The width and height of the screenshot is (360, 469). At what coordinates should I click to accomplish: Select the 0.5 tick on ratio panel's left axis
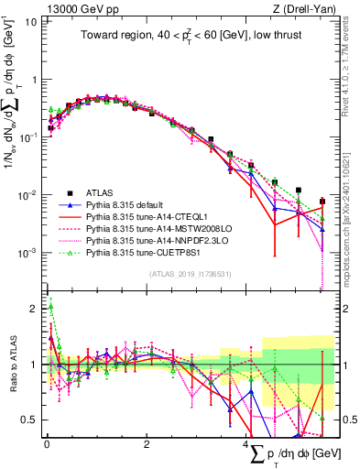pyautogui.click(x=29, y=420)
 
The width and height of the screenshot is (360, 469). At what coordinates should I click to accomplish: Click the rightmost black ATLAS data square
pyautogui.click(x=322, y=202)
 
